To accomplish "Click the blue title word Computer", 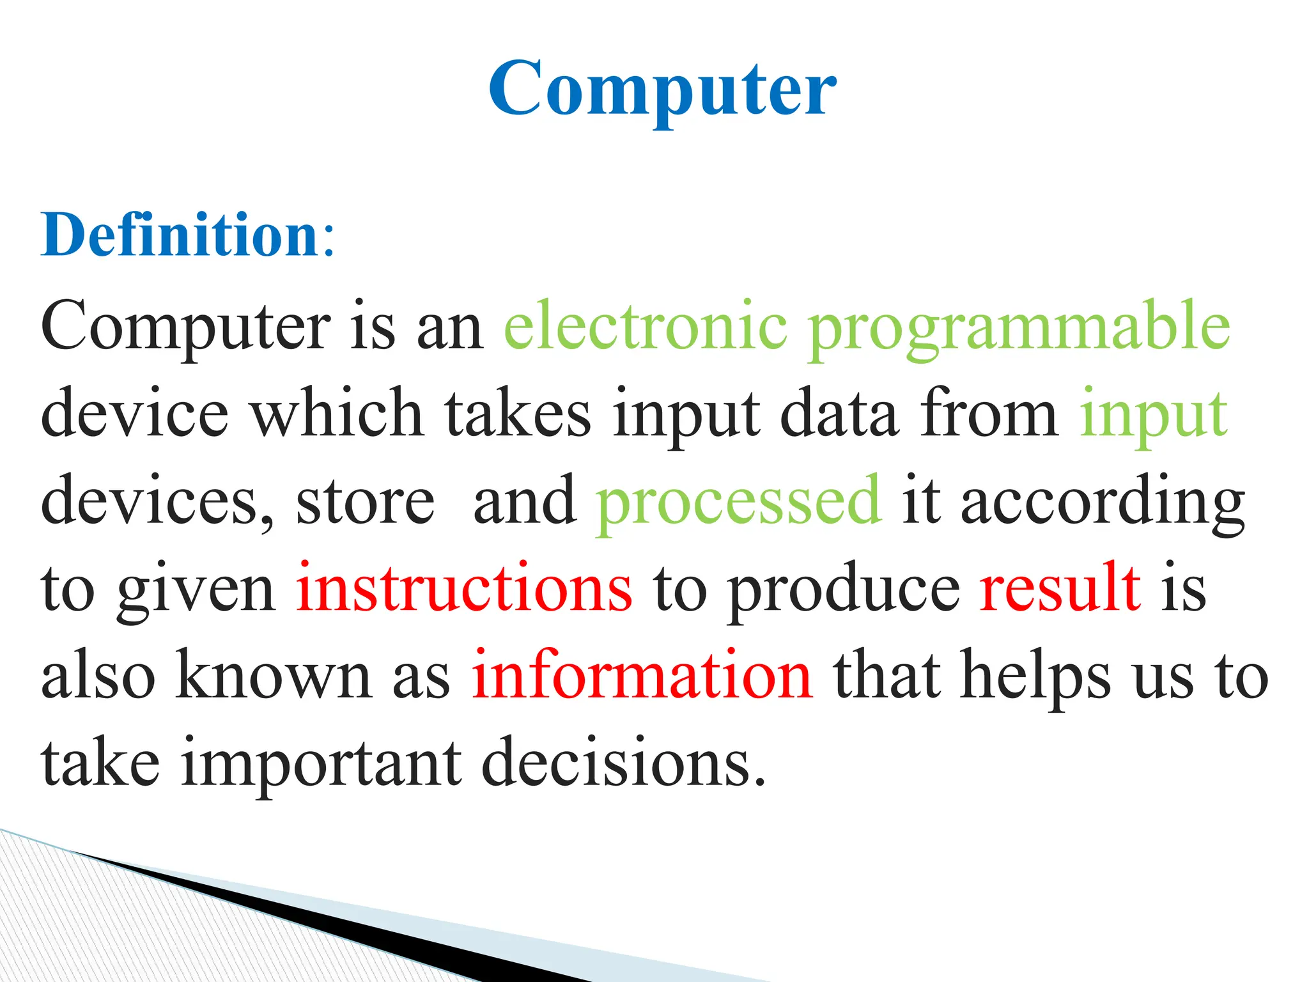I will click(x=662, y=90).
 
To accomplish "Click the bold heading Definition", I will click(x=180, y=235).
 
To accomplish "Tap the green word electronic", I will click(x=646, y=326).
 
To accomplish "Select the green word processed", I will click(x=739, y=502).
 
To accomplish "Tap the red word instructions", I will click(x=464, y=588).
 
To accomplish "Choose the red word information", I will click(x=642, y=676).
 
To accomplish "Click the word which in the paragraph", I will click(x=336, y=414).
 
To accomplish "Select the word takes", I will click(x=518, y=414).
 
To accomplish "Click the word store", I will click(x=365, y=502).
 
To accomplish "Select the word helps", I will click(x=1036, y=677).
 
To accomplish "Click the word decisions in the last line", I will click(x=623, y=763).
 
